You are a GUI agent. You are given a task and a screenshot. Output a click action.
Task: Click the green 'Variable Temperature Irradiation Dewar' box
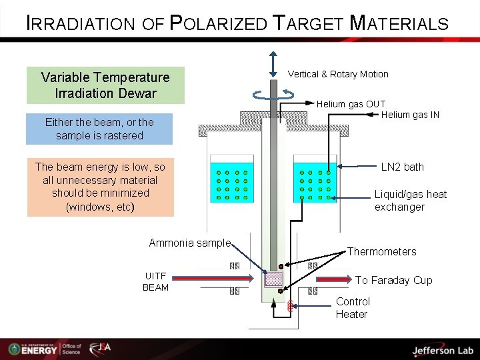click(105, 85)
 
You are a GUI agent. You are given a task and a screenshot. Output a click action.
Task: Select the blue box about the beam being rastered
click(99, 129)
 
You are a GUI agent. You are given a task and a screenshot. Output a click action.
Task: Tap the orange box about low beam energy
click(100, 187)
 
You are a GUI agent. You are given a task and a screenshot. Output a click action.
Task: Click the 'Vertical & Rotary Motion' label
click(338, 74)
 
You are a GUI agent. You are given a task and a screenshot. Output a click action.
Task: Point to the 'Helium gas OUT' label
click(351, 104)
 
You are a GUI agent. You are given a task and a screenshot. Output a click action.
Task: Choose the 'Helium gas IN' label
click(410, 115)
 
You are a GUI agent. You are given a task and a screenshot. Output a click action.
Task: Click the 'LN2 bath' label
click(402, 167)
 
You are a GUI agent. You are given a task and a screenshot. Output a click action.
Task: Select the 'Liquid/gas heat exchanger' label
click(410, 201)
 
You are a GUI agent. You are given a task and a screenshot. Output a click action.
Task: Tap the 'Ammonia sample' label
click(189, 243)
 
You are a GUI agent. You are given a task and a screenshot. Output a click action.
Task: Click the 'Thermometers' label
click(381, 251)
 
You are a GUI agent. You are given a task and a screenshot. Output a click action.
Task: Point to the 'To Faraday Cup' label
click(393, 280)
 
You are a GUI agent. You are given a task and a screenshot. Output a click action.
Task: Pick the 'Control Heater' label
click(352, 308)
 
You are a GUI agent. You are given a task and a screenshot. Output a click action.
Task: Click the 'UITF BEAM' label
click(155, 282)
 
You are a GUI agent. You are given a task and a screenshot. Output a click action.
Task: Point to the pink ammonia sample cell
click(274, 279)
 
